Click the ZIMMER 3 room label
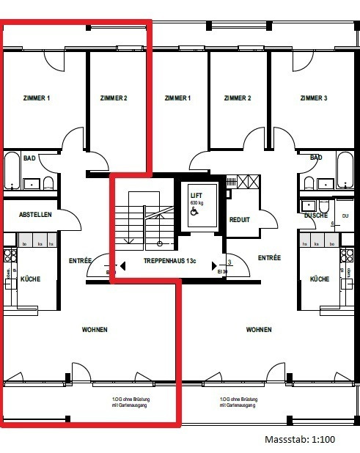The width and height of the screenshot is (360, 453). tap(313, 98)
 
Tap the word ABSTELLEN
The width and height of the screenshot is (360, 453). tap(34, 214)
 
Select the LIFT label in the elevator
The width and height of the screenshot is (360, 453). tap(196, 195)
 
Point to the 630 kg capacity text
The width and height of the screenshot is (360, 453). tap(196, 202)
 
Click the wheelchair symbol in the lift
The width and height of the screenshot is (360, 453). tap(194, 210)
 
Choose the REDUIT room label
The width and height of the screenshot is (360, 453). tap(240, 219)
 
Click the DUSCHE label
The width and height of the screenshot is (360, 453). tap(315, 216)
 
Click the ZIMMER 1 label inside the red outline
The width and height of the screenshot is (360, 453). tap(37, 98)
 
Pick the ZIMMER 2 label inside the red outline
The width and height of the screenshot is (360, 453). tap(114, 98)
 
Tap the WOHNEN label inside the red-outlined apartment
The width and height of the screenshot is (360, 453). tap(95, 330)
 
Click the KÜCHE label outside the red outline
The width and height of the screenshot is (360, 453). tap(319, 279)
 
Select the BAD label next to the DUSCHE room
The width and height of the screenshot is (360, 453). tap(316, 158)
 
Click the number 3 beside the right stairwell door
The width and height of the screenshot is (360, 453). tap(229, 262)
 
